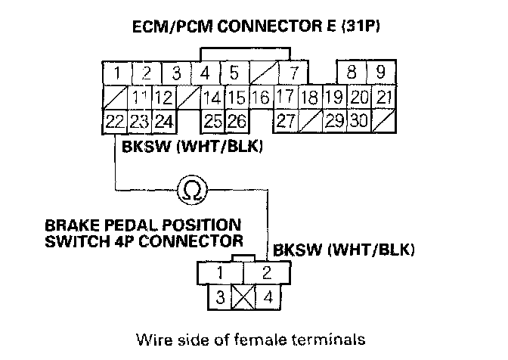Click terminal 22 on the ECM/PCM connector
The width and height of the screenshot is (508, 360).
115,120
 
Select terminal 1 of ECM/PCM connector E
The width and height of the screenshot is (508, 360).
117,74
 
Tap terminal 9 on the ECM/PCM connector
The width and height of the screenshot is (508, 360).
380,74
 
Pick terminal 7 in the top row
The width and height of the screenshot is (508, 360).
291,74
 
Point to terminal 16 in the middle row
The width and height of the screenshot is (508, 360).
260,98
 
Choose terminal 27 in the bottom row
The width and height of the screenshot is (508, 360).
286,120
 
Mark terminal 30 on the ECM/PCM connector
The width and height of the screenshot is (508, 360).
359,120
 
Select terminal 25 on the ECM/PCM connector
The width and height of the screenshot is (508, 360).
212,120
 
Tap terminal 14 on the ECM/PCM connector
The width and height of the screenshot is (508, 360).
212,98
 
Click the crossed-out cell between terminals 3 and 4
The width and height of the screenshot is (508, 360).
243,296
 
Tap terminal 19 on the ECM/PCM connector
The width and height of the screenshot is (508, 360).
333,98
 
